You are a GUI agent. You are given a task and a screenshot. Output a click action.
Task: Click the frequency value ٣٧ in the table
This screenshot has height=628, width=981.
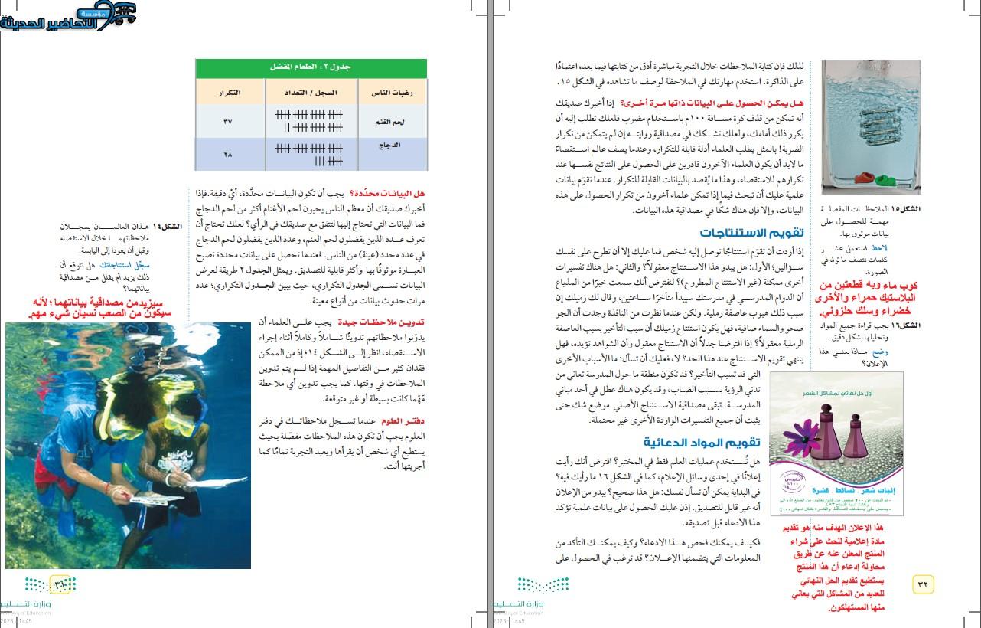click(227, 122)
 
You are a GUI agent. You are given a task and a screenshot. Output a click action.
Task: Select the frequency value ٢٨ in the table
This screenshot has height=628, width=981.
click(227, 155)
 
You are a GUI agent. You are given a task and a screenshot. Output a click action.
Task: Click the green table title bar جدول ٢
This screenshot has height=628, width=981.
click(311, 67)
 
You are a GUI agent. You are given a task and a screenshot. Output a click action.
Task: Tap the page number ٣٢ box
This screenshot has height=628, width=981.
click(922, 584)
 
